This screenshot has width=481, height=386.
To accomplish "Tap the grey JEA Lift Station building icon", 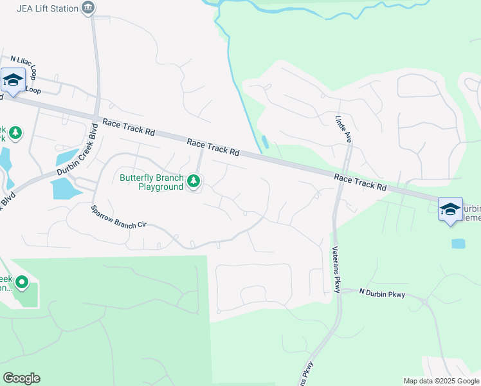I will tap(88, 8).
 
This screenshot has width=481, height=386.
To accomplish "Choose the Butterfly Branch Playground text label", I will tap(152, 182).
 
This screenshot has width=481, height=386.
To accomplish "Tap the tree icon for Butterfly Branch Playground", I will tap(194, 182).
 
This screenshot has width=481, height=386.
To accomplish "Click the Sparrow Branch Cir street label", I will tap(120, 217).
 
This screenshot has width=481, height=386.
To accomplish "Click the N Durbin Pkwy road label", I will tap(382, 293).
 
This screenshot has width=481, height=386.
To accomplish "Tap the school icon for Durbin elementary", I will tap(450, 209).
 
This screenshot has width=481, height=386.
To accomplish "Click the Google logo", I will tap(21, 378).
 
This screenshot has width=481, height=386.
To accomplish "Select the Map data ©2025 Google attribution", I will tap(441, 381).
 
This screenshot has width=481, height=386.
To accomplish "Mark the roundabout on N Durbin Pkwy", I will tap(424, 301).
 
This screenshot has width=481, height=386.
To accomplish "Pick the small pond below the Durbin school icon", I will tap(458, 244).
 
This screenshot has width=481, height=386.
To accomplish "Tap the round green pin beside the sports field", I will tap(22, 282).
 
